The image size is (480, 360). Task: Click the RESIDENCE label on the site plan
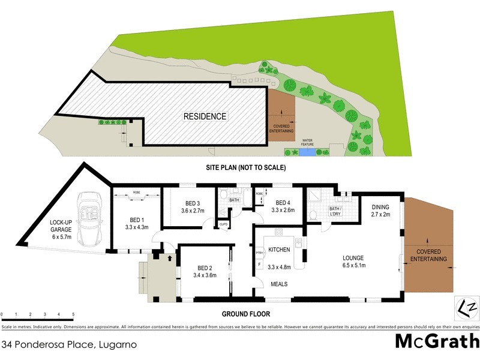(205, 116)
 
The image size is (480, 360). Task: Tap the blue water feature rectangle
(306, 153)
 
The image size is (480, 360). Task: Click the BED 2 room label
(205, 268)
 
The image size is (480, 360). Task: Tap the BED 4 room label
(283, 202)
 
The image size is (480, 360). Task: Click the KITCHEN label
(280, 248)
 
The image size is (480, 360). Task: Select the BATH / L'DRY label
(335, 211)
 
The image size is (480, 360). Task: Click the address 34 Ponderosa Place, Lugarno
(70, 345)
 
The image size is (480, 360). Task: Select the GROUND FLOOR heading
(246, 314)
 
